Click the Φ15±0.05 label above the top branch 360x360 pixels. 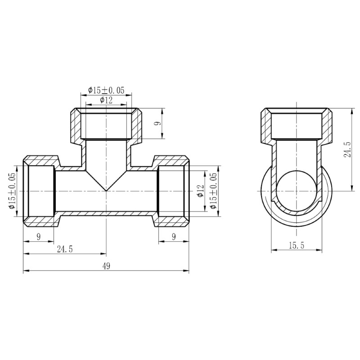[106, 90]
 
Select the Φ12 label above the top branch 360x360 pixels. [106, 100]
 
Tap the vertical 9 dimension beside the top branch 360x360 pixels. [157, 124]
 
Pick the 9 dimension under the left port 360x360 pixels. [39, 237]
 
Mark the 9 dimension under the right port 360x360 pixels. [174, 237]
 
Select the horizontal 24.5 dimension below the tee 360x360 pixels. [65, 249]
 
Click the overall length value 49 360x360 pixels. [106, 266]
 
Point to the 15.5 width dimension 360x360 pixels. [297, 245]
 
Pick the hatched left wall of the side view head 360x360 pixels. [267, 126]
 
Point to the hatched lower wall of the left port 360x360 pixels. [40, 220]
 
